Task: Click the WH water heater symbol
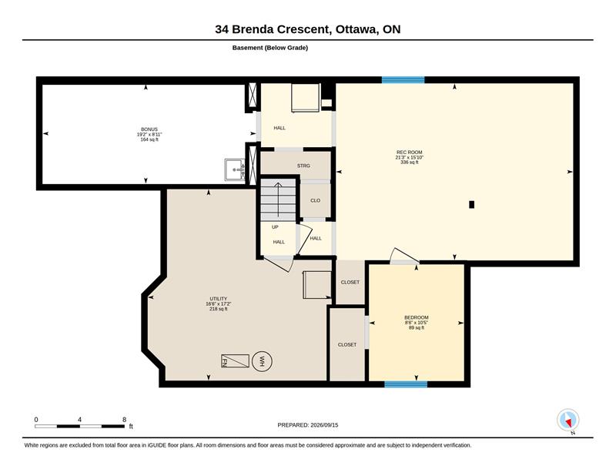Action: [x=262, y=360]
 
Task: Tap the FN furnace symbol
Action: [x=235, y=360]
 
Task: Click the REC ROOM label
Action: [x=410, y=152]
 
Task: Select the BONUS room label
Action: [x=149, y=129]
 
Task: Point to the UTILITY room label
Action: [x=219, y=299]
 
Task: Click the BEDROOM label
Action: [x=417, y=317]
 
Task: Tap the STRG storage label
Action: [x=303, y=166]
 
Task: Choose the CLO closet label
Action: [x=316, y=200]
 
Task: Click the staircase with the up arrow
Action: [x=278, y=199]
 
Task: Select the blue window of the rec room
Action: [x=403, y=80]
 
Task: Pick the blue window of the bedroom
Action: [x=406, y=384]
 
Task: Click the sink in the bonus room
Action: [x=235, y=169]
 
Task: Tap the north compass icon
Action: [x=568, y=421]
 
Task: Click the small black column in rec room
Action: [x=472, y=204]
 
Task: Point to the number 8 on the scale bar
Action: [x=125, y=420]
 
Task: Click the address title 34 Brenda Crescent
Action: [x=272, y=29]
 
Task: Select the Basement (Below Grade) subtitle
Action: [x=270, y=48]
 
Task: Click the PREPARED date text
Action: [x=308, y=425]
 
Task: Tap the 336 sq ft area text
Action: [x=410, y=163]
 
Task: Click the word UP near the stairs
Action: [x=275, y=227]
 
